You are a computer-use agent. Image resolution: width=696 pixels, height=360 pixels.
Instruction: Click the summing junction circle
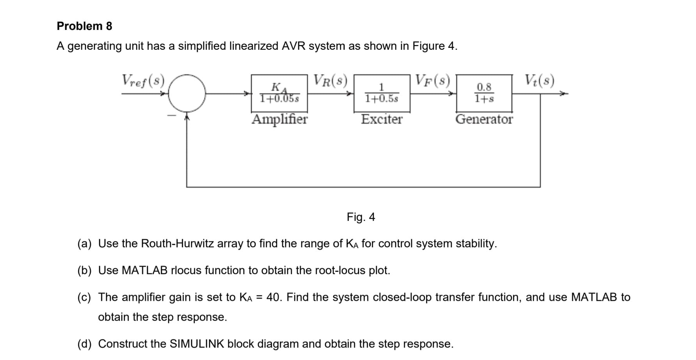(x=187, y=93)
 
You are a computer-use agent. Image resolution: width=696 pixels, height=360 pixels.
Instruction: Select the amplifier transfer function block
(x=279, y=93)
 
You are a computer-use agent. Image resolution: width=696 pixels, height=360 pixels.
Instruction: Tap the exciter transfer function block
(x=381, y=93)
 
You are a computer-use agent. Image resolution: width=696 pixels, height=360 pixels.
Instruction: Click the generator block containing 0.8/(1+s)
(x=484, y=93)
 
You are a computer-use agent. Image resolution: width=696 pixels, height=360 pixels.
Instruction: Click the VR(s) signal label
(x=331, y=80)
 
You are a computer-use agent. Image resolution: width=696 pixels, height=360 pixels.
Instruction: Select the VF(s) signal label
(x=433, y=80)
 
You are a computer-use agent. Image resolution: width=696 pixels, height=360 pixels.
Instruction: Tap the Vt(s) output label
(x=539, y=80)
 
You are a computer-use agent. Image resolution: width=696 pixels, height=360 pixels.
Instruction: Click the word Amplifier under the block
(x=280, y=119)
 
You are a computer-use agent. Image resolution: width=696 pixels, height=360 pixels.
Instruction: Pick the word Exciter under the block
(x=381, y=119)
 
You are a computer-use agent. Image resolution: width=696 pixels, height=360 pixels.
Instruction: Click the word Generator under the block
(x=484, y=119)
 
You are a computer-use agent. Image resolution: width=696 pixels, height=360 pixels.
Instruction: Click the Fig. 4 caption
(x=361, y=217)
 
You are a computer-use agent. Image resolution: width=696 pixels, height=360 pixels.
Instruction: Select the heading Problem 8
(x=84, y=26)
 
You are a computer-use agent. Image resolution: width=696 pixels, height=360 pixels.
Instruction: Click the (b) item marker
(x=84, y=271)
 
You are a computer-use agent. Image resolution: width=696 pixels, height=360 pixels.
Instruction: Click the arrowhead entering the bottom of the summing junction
(x=187, y=115)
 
